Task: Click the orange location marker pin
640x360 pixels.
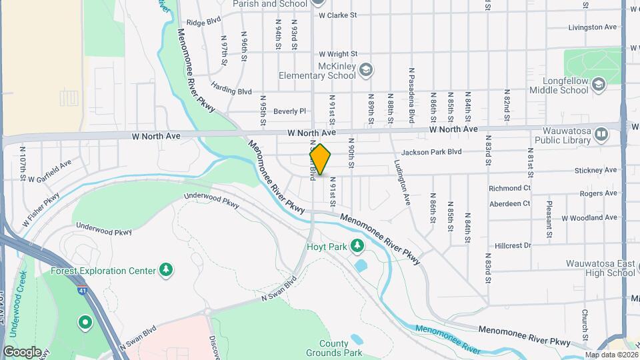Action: point(321,159)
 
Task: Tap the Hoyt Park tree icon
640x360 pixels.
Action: point(358,247)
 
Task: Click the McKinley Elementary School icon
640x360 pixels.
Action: point(365,69)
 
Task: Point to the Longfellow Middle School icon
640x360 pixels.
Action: point(598,84)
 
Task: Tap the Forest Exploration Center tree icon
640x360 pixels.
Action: point(166,270)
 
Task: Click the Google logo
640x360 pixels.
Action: point(22,351)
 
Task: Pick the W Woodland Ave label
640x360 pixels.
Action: point(589,217)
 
